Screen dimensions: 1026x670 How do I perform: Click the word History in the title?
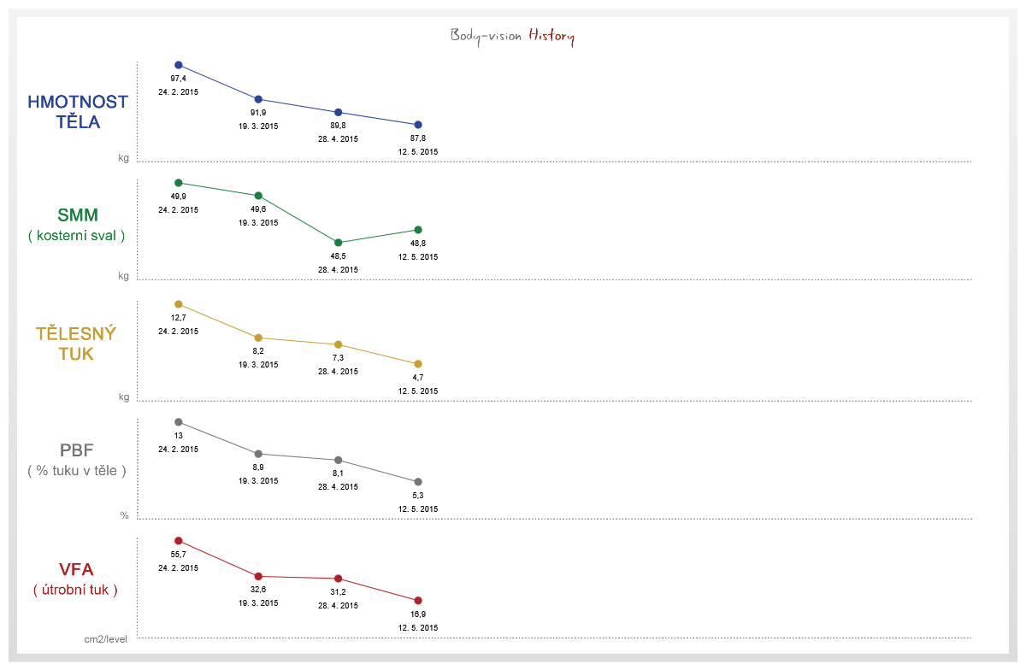[x=551, y=36]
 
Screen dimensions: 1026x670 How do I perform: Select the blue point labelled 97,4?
[x=179, y=65]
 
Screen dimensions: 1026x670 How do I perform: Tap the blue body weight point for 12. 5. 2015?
[x=418, y=125]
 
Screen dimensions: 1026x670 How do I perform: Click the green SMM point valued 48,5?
[x=338, y=242]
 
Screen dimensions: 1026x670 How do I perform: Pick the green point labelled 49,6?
[x=258, y=196]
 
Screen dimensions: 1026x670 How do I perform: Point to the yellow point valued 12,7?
[x=179, y=304]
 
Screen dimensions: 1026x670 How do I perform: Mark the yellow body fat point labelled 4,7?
[x=418, y=364]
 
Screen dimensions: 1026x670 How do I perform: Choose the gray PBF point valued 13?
[x=179, y=422]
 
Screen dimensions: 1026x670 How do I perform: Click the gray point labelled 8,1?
[x=338, y=460]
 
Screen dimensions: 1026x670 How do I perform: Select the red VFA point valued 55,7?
[x=179, y=541]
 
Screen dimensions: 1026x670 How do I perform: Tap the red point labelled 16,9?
[x=418, y=601]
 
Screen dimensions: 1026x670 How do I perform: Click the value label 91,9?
[x=258, y=113]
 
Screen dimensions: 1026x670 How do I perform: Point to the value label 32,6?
[x=258, y=590]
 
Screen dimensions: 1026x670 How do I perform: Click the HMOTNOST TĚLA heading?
[x=78, y=112]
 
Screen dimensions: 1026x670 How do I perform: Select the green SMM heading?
[x=78, y=215]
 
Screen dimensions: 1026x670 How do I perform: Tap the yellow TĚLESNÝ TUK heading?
[x=76, y=344]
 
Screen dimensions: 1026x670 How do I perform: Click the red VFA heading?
[x=76, y=569]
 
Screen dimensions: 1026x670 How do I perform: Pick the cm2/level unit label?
[x=105, y=639]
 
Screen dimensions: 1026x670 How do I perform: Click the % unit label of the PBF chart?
[x=124, y=515]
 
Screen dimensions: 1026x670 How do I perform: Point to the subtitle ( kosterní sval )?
[x=76, y=235]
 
